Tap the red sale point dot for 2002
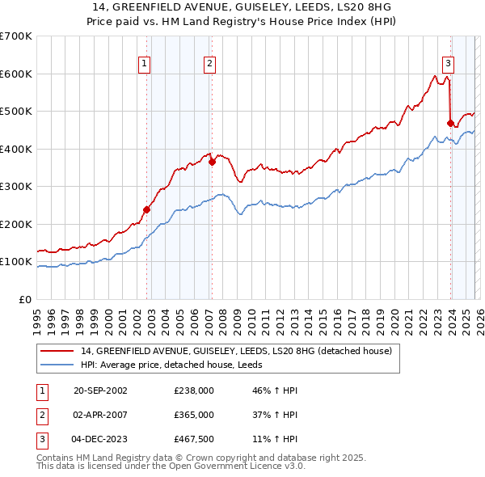click(x=146, y=209)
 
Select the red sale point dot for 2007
click(x=212, y=162)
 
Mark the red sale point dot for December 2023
click(x=450, y=123)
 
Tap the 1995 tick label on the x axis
click(x=37, y=319)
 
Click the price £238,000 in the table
click(x=193, y=390)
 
